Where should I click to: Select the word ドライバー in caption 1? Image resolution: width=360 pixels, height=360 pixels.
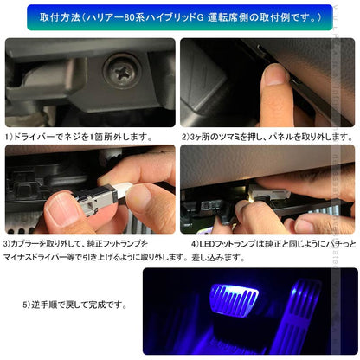[x=34, y=137]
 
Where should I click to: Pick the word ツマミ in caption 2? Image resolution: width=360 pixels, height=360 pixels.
[x=226, y=137]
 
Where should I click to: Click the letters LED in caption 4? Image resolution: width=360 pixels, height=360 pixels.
[x=196, y=245]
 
